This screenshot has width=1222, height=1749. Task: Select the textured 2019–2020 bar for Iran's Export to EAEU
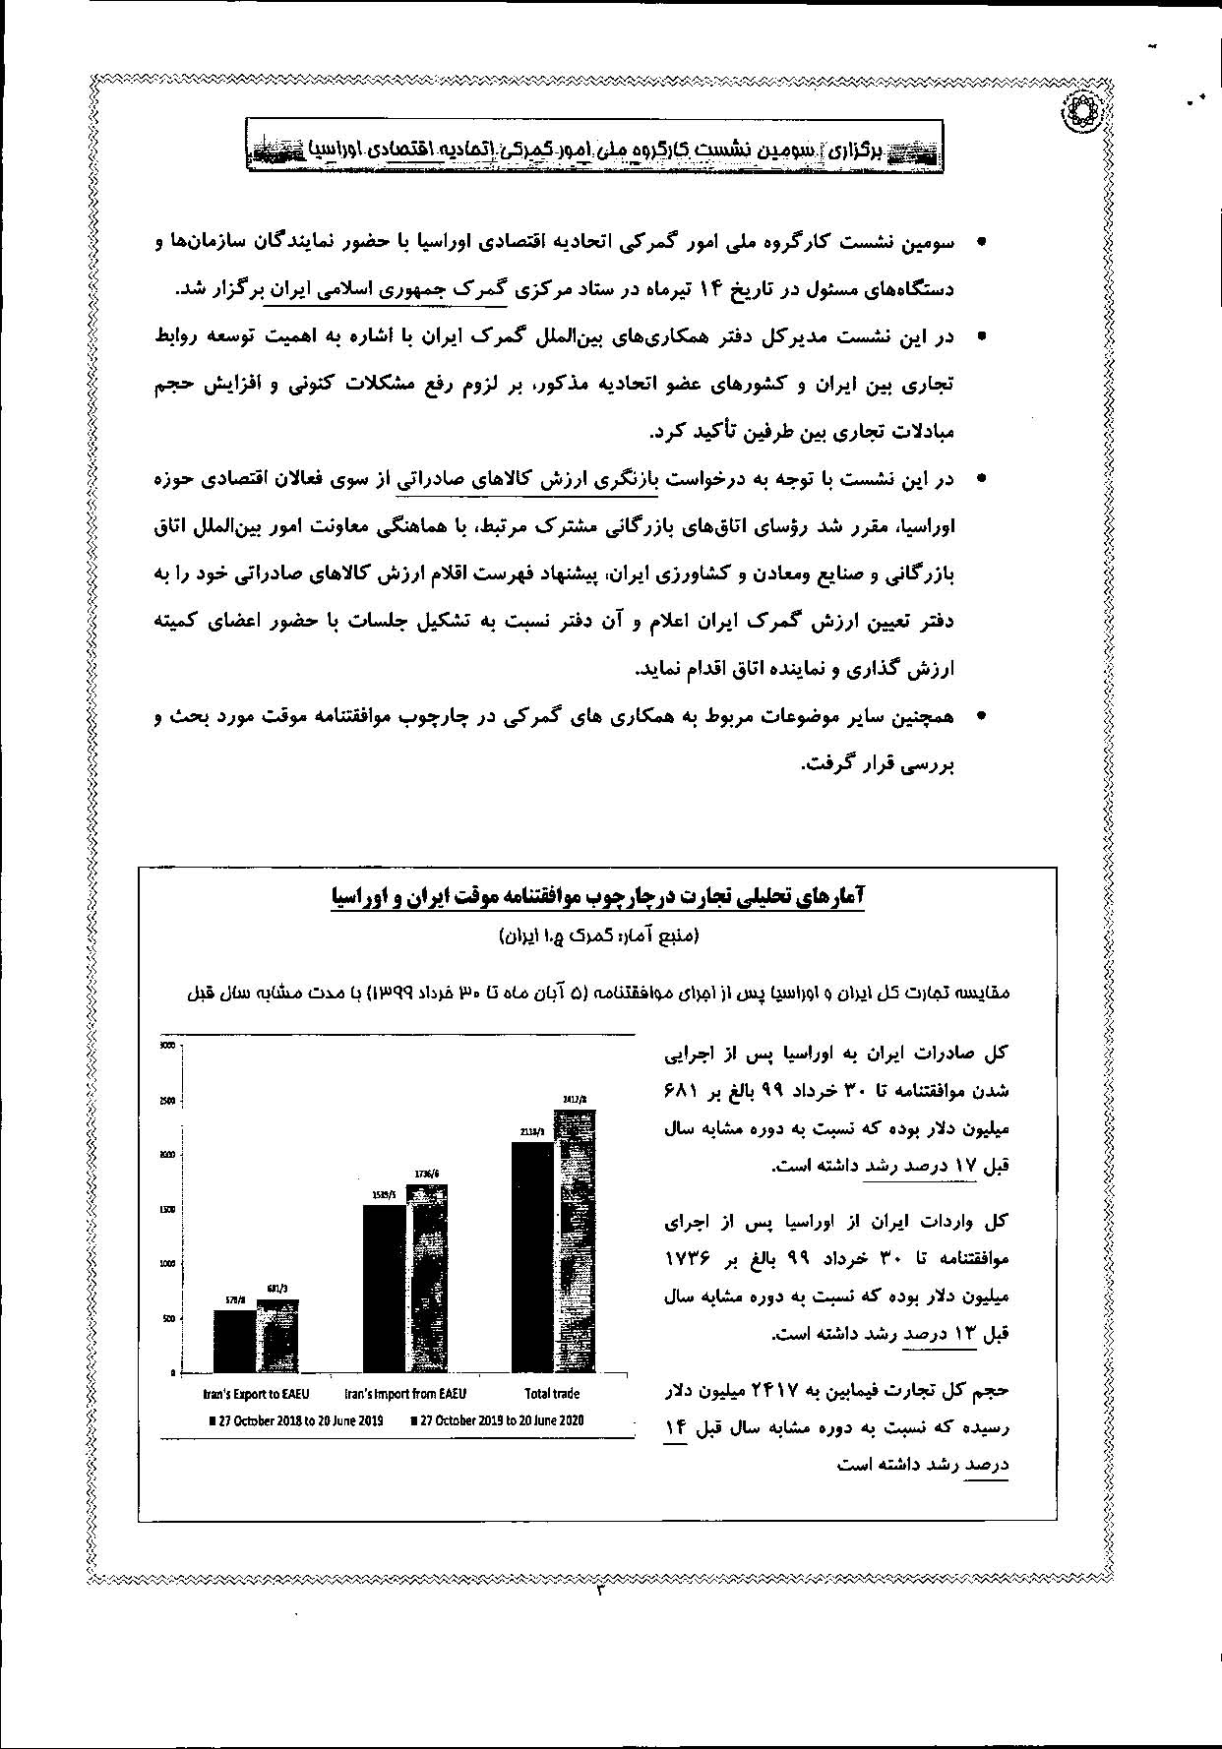point(277,1336)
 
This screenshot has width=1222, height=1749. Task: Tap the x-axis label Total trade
point(552,1394)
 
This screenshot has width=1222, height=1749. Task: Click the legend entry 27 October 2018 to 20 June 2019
point(295,1420)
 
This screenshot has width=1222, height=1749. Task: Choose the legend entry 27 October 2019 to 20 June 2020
point(497,1420)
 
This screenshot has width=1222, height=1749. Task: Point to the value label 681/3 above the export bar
point(276,1289)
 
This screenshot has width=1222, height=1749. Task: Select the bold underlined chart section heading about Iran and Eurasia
point(597,897)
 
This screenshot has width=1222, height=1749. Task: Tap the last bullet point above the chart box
point(980,718)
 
